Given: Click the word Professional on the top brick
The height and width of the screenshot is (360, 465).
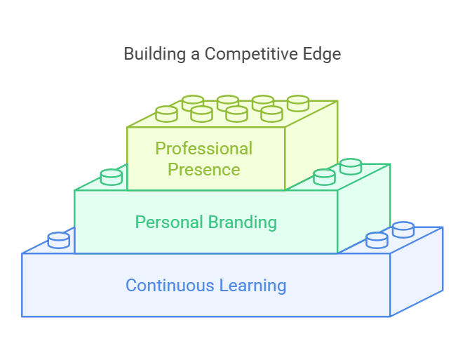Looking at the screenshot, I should pos(203,149).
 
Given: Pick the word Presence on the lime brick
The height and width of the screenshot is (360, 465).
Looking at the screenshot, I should pos(203,170).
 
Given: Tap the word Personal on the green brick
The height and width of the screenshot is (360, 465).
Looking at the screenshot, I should pos(167,222).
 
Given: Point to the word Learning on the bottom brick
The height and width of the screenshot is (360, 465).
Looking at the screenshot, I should pos(252,286).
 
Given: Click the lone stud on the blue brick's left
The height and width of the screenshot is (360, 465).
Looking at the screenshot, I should pos(59,240).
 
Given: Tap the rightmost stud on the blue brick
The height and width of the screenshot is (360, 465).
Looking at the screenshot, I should pos(403,229).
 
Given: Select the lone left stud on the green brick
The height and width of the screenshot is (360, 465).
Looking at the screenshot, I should pos(112,177).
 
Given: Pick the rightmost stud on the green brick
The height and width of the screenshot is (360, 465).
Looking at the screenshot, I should pos(351,166).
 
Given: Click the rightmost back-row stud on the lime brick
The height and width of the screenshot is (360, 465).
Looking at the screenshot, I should pos(298,103).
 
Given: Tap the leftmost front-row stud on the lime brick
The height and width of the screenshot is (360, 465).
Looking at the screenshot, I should pos(166,114).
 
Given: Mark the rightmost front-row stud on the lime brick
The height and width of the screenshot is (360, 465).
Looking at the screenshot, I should pos(271,114).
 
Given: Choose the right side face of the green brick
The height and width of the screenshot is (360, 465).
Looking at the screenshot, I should pos(363,211).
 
